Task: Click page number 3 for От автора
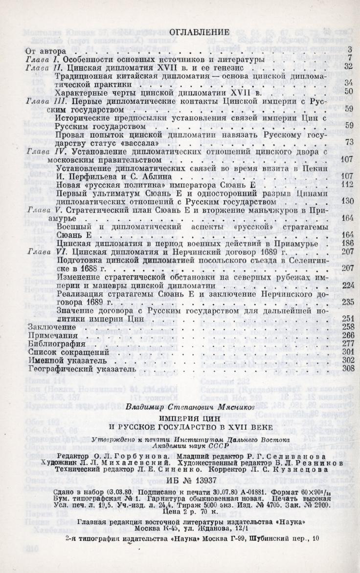point(350,49)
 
